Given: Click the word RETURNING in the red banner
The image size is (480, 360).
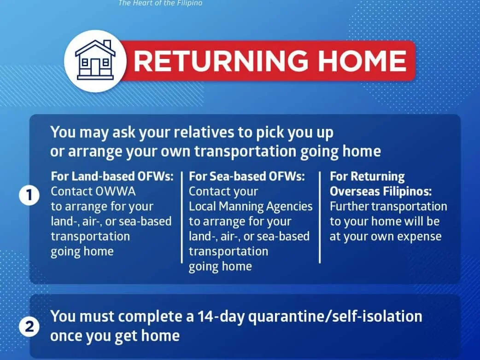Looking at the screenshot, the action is pos(221,61).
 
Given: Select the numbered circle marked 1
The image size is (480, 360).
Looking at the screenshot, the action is pos(29,195).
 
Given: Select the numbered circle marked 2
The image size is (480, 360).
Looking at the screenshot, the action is pos(29,327).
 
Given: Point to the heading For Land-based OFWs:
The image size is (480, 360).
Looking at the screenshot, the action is pos(112,176).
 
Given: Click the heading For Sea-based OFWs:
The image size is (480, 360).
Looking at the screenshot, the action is pos(247,176).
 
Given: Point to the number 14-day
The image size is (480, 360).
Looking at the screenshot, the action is pos(221,317).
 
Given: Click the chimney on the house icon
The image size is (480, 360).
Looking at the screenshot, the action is pos(107,44).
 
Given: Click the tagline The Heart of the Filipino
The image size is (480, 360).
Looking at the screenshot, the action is pos(160,3).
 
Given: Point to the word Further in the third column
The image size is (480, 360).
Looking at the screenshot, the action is pos(349,206).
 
